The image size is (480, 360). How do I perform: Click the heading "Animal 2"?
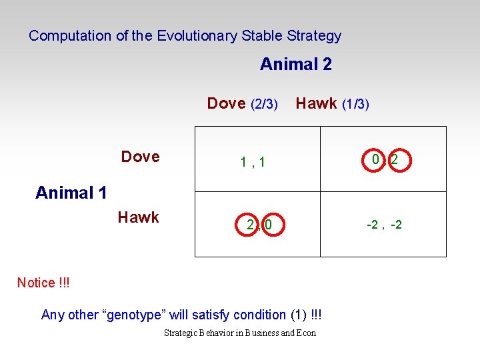[295, 65]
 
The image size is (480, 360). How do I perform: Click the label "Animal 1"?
[71, 193]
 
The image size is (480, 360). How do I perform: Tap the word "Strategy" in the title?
[313, 36]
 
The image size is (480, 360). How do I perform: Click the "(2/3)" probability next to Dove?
[264, 104]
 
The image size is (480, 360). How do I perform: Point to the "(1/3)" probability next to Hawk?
[355, 104]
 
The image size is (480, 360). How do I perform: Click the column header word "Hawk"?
[316, 103]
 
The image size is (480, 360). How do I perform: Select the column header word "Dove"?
[226, 103]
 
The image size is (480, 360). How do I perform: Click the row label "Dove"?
[140, 157]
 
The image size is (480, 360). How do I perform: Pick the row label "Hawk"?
[138, 217]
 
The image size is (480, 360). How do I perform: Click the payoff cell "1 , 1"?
[253, 161]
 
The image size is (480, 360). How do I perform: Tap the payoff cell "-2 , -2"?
[384, 225]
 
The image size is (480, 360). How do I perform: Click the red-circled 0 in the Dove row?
[376, 160]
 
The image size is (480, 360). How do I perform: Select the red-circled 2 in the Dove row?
[395, 160]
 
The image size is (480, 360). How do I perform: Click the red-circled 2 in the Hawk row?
[250, 225]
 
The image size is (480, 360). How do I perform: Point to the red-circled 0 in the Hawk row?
[268, 225]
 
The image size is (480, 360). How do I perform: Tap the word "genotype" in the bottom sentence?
[140, 315]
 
